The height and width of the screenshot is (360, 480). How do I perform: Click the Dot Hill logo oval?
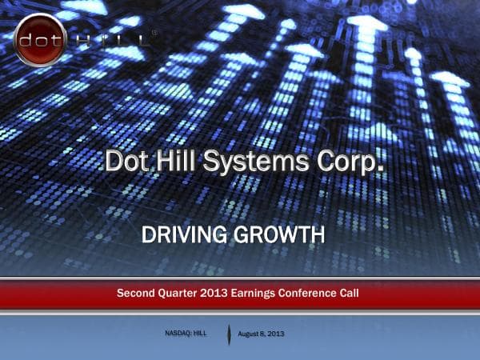(x=38, y=38)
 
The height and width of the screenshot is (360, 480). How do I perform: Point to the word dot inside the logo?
(x=38, y=38)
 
